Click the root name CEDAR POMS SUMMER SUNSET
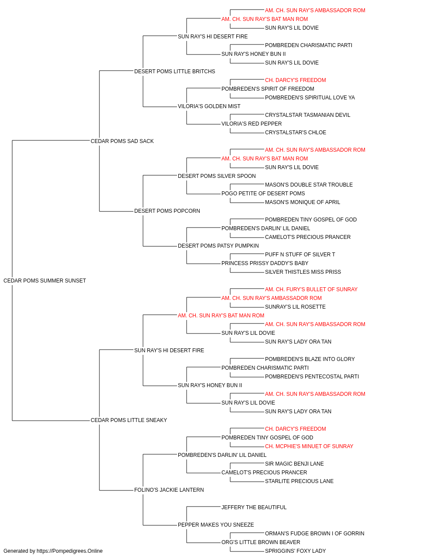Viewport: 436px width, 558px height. pyautogui.click(x=44, y=281)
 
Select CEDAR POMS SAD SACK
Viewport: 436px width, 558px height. pyautogui.click(x=122, y=141)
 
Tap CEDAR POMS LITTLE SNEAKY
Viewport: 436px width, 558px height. pyautogui.click(x=129, y=420)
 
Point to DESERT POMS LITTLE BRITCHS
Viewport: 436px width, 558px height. pyautogui.click(x=174, y=71)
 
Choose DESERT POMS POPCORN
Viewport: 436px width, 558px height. pyautogui.click(x=167, y=211)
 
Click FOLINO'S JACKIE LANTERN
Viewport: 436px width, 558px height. pyautogui.click(x=169, y=490)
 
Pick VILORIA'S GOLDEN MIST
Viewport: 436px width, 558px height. pyautogui.click(x=209, y=106)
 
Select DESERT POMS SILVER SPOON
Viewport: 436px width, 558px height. pyautogui.click(x=217, y=176)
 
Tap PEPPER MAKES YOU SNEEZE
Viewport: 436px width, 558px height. pyautogui.click(x=216, y=525)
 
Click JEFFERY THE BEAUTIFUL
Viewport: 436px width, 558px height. pyautogui.click(x=254, y=508)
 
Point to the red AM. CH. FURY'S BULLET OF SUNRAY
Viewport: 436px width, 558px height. pyautogui.click(x=311, y=289)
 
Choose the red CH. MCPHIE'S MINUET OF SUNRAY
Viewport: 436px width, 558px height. pyautogui.click(x=309, y=446)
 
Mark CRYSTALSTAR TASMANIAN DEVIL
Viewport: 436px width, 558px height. pyautogui.click(x=308, y=115)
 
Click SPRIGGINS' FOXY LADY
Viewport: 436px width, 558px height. pyautogui.click(x=295, y=551)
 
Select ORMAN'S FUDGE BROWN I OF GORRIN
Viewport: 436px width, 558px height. pyautogui.click(x=314, y=534)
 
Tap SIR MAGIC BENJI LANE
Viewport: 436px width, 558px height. pyautogui.click(x=294, y=464)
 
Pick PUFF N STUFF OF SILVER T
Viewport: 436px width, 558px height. pyautogui.click(x=300, y=255)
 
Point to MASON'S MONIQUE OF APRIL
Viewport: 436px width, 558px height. pyautogui.click(x=303, y=202)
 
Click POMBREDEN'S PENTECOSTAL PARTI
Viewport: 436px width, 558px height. pyautogui.click(x=312, y=377)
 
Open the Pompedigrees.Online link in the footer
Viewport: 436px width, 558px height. pyautogui.click(x=69, y=551)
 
